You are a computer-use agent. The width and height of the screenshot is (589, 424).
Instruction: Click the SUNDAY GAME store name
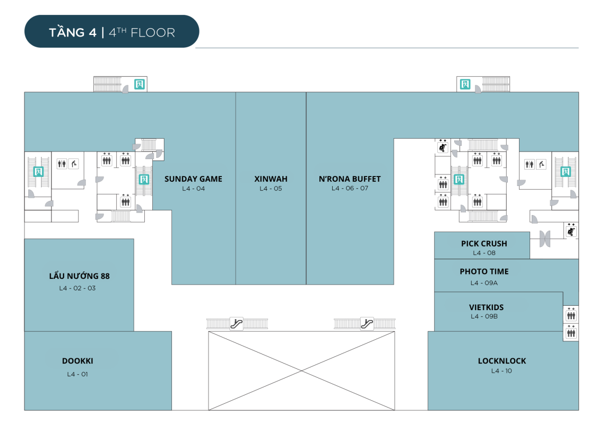(193, 179)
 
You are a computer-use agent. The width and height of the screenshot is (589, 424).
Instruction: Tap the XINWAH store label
(271, 179)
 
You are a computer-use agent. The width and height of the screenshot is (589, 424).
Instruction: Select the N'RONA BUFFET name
(350, 179)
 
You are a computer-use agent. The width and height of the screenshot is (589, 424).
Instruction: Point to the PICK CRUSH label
(484, 243)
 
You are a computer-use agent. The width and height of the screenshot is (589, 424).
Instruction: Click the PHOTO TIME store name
(484, 271)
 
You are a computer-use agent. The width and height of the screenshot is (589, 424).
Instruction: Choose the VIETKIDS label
(486, 307)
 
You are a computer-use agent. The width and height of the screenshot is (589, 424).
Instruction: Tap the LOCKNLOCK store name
(502, 361)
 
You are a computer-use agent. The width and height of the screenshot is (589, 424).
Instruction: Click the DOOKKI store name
(77, 361)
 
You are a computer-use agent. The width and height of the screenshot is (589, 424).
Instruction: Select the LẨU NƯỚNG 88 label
(79, 276)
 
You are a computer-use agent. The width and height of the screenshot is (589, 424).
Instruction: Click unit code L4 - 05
(271, 189)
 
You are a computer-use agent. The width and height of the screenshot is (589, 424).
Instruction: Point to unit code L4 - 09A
(484, 283)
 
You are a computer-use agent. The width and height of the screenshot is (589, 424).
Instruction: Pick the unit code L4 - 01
(77, 374)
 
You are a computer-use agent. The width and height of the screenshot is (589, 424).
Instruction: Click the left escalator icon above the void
(237, 323)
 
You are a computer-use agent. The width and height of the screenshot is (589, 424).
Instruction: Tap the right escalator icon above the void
(367, 323)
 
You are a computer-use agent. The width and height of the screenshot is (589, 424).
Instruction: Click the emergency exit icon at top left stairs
(140, 84)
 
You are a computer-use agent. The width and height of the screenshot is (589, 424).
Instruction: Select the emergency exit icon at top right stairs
(465, 84)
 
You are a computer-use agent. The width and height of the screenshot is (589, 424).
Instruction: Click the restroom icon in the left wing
(62, 164)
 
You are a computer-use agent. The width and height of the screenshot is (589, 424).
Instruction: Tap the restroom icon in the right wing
(529, 164)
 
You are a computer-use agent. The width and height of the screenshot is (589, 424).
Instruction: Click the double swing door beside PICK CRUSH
(545, 239)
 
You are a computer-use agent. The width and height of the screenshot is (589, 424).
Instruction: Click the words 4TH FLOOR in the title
(142, 33)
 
